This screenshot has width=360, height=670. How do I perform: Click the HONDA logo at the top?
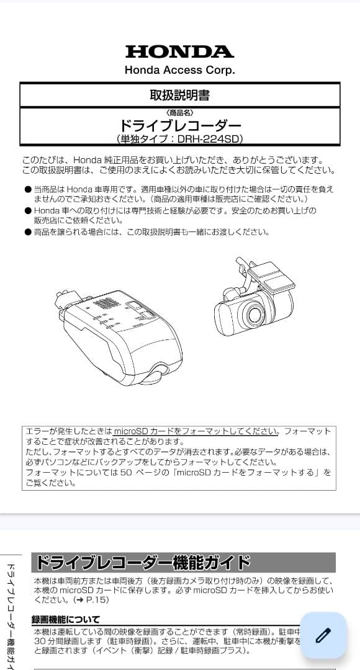click(x=179, y=51)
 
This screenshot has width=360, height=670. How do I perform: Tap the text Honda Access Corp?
click(x=179, y=70)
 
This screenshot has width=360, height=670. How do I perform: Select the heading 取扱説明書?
click(x=179, y=95)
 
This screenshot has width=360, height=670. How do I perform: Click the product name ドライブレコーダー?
click(x=179, y=125)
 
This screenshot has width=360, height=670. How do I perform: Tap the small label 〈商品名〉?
click(x=180, y=112)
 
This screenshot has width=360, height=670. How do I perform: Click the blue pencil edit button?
click(x=323, y=635)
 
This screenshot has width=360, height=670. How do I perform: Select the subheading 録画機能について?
click(x=66, y=619)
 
